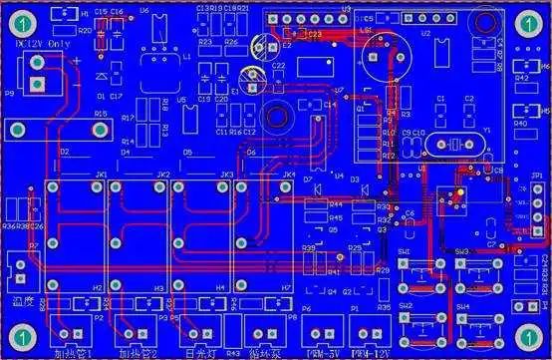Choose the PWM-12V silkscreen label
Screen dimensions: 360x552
tap(372, 351)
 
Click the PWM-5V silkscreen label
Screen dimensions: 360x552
tap(321, 351)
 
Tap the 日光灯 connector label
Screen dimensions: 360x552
tap(189, 351)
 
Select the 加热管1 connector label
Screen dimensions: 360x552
tap(72, 351)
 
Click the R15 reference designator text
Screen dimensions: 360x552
tap(100, 116)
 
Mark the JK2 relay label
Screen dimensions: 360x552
tap(162, 176)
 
